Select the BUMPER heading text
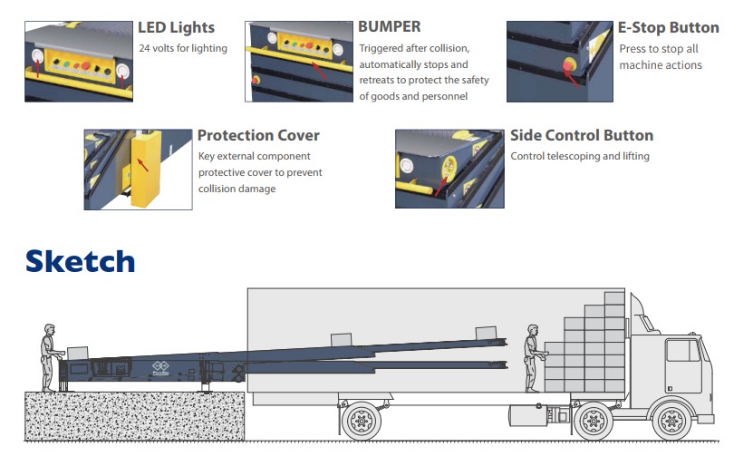pyautogui.click(x=389, y=27)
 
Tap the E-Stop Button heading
pyautogui.click(x=669, y=27)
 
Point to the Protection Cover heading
pyautogui.click(x=258, y=135)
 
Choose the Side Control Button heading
pyautogui.click(x=581, y=135)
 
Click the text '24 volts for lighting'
pyautogui.click(x=182, y=48)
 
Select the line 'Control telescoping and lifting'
pyautogui.click(x=580, y=156)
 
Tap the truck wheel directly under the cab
pyautogui.click(x=671, y=421)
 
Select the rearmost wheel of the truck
pyautogui.click(x=361, y=421)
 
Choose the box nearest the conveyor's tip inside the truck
pyautogui.click(x=486, y=333)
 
